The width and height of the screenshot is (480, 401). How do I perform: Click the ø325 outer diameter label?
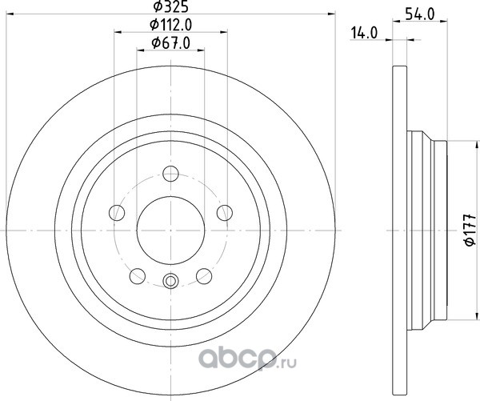pyautogui.click(x=170, y=6)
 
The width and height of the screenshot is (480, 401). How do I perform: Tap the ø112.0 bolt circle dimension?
pyautogui.click(x=171, y=25)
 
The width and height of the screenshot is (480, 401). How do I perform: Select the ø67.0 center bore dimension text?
pyautogui.click(x=171, y=43)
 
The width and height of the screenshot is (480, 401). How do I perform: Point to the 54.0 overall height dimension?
pyautogui.click(x=419, y=14)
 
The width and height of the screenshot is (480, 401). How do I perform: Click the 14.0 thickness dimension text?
pyautogui.click(x=364, y=33)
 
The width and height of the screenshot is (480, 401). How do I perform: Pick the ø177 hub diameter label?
pyautogui.click(x=470, y=230)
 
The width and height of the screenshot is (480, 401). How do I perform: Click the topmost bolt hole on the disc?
pyautogui.click(x=170, y=174)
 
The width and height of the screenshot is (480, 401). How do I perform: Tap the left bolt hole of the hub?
pyautogui.click(x=117, y=213)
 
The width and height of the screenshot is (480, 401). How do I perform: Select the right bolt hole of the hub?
pyautogui.click(x=225, y=213)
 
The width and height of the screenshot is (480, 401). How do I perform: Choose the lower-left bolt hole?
pyautogui.click(x=138, y=276)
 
